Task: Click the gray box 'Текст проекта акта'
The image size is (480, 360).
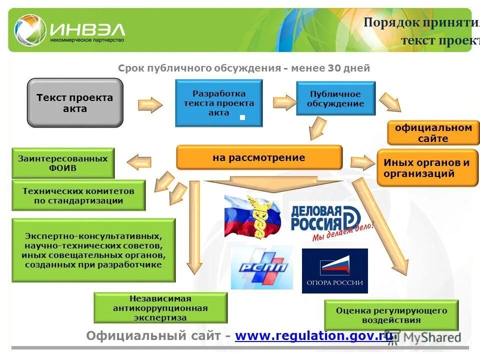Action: pyautogui.click(x=75, y=103)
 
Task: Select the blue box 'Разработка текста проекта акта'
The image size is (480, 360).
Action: pyautogui.click(x=218, y=103)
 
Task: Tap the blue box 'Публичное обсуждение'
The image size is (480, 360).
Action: pyautogui.click(x=335, y=98)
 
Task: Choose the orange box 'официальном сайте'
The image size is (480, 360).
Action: pyautogui.click(x=433, y=133)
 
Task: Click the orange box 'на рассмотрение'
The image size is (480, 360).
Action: pyautogui.click(x=259, y=158)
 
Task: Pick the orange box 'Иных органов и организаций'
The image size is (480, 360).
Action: pyautogui.click(x=427, y=168)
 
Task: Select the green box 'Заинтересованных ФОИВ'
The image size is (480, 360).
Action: pyautogui.click(x=63, y=163)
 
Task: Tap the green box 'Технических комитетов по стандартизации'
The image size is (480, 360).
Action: pyautogui.click(x=78, y=195)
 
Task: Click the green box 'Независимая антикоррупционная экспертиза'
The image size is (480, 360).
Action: pyautogui.click(x=160, y=307)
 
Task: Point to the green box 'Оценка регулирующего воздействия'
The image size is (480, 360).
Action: pyautogui.click(x=391, y=315)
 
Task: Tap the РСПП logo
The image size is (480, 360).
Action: pyautogui.click(x=261, y=267)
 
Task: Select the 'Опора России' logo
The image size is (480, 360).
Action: pyautogui.click(x=334, y=270)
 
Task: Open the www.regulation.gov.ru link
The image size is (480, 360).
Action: pyautogui.click(x=314, y=336)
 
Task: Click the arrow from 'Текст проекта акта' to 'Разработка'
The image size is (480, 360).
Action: pyautogui.click(x=150, y=104)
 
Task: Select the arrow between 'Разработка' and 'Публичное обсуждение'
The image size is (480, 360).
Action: pyautogui.click(x=284, y=101)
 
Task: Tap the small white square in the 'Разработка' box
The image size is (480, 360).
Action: pyautogui.click(x=242, y=117)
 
